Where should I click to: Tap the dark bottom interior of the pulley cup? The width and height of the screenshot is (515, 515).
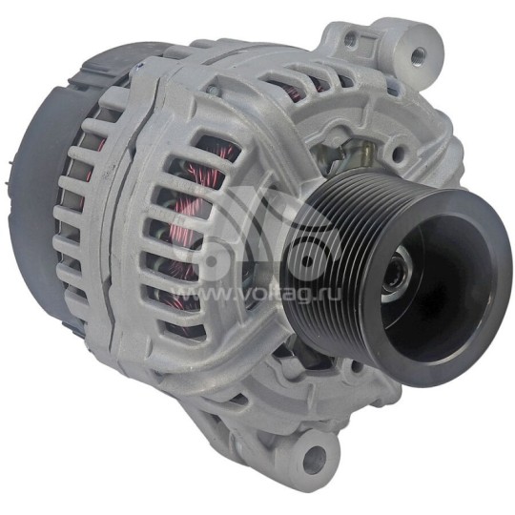[x=420, y=305]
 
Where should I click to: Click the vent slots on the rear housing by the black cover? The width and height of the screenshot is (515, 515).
[x=81, y=219]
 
